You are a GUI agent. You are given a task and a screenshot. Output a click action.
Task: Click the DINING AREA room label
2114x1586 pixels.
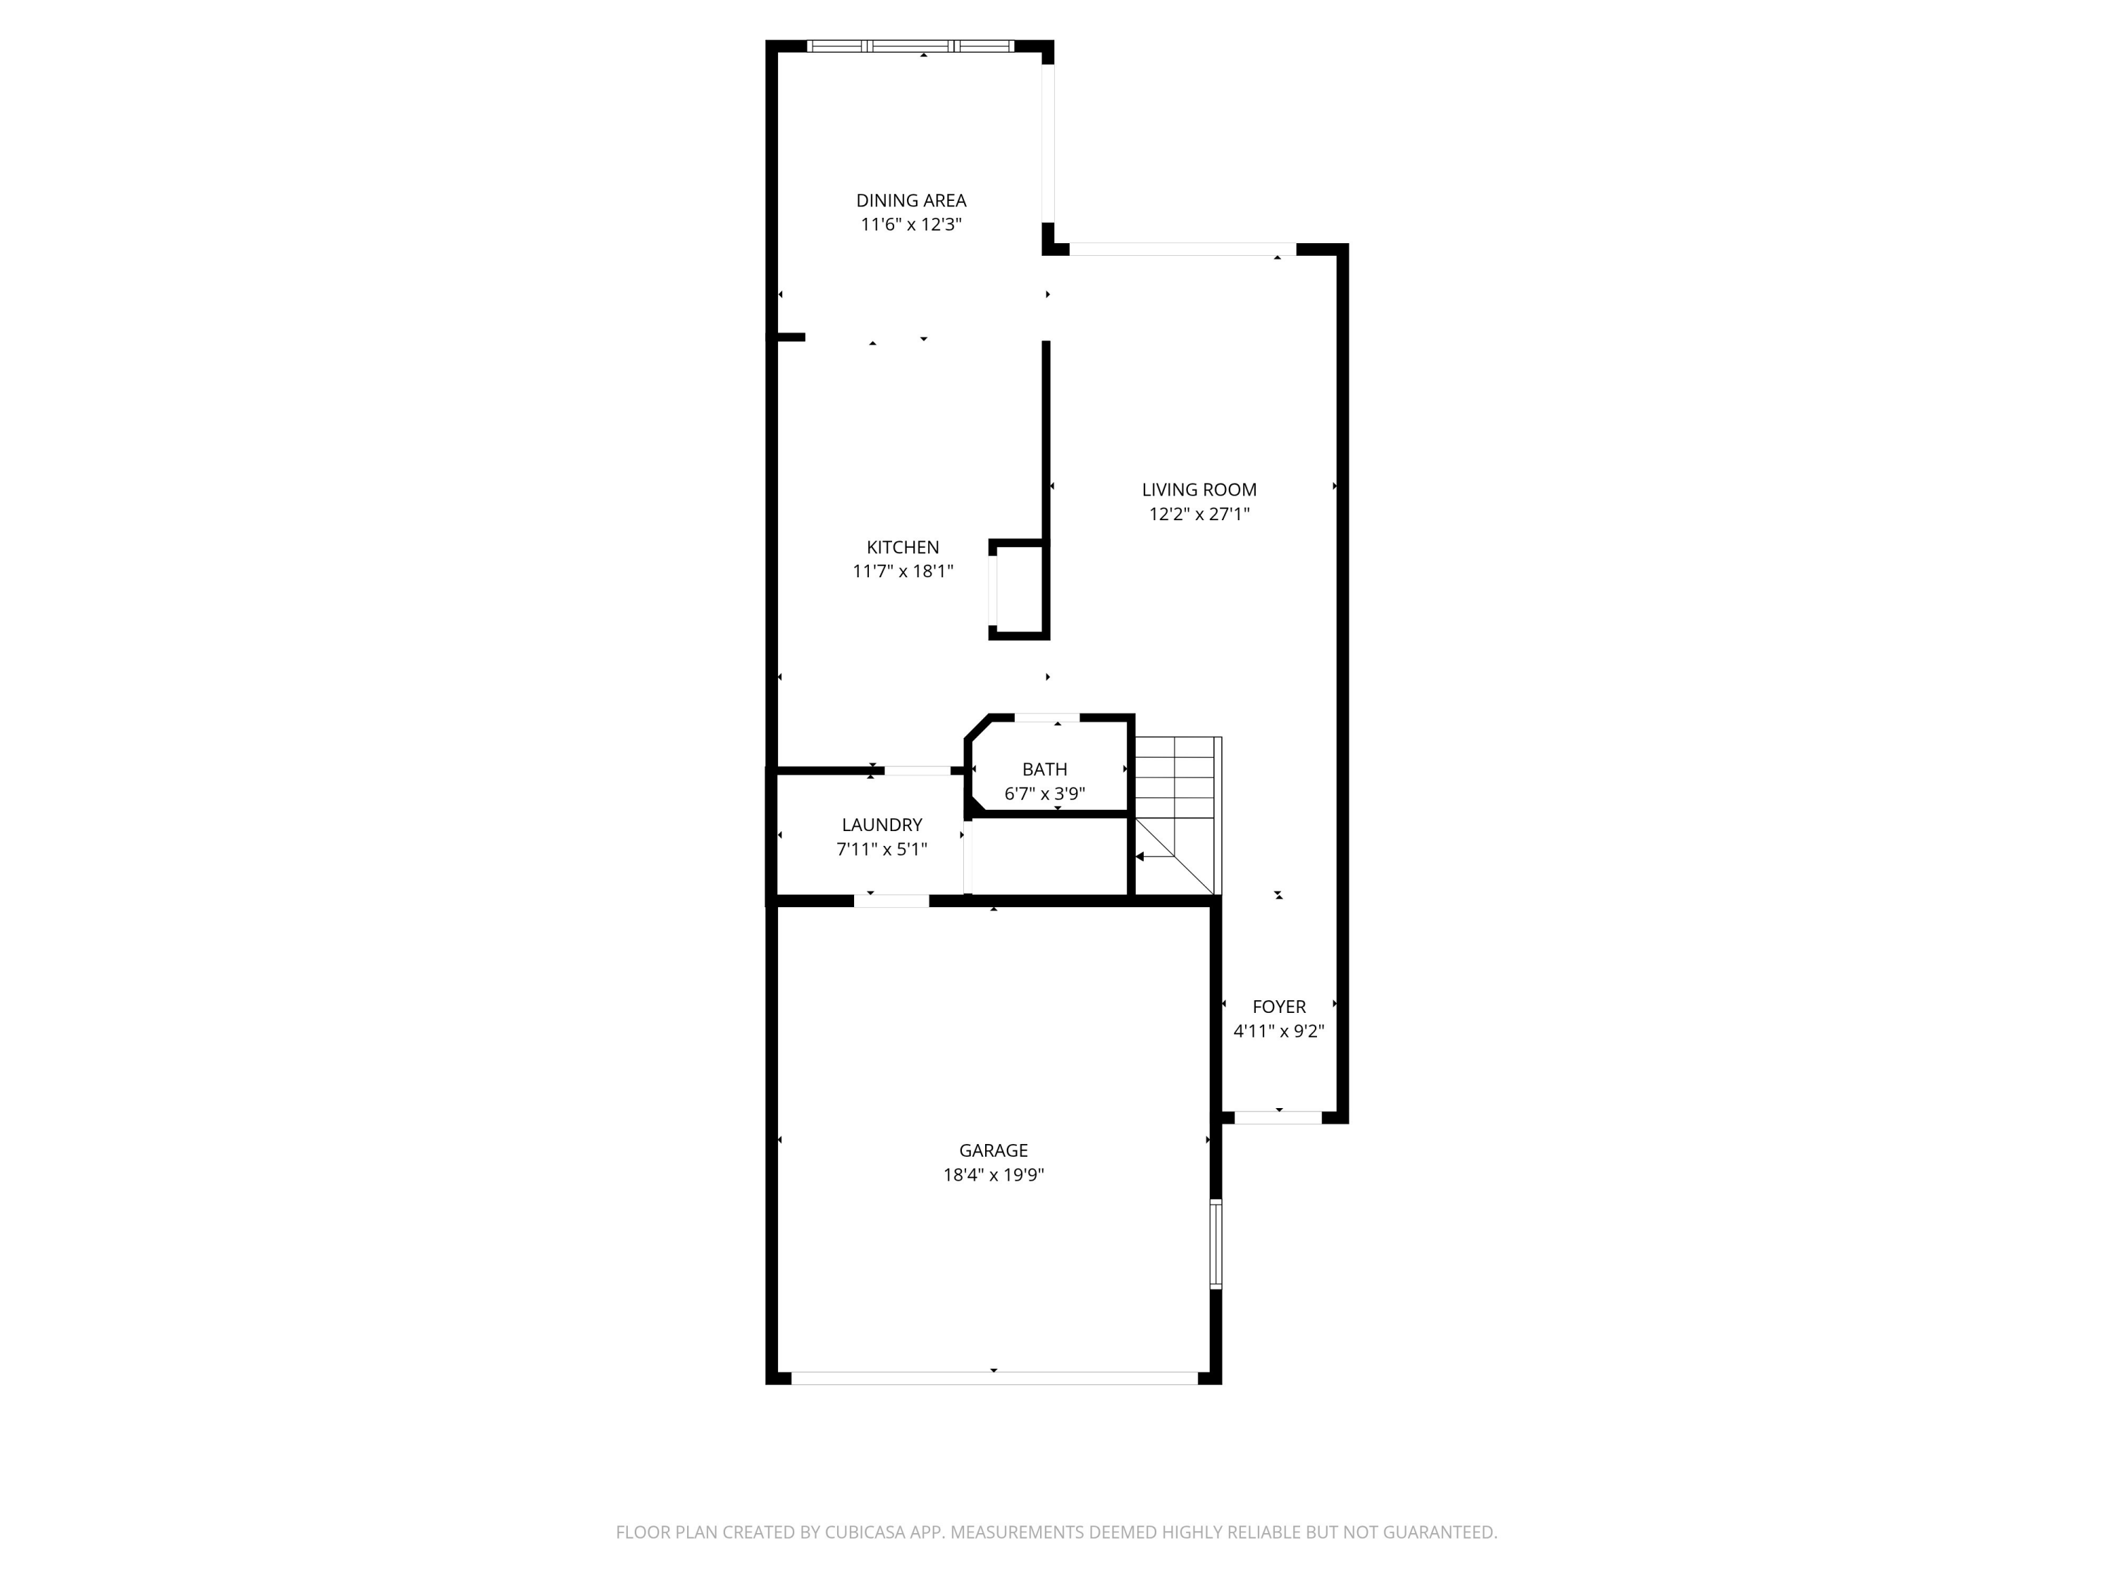(x=910, y=201)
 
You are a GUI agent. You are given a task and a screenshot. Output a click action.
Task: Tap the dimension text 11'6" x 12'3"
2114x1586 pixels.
(x=910, y=225)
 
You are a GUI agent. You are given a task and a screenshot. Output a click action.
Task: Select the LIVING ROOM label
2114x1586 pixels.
(x=1199, y=489)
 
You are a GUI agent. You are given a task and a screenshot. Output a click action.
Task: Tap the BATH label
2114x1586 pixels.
(x=1044, y=770)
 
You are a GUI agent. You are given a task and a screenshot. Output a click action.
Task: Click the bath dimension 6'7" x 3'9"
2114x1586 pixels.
(x=1044, y=794)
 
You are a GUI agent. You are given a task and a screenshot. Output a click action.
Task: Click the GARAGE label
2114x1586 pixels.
(x=993, y=1150)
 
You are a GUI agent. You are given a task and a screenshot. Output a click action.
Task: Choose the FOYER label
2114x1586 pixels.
(x=1279, y=1007)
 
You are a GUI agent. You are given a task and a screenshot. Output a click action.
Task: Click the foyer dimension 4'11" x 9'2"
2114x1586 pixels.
(x=1279, y=1031)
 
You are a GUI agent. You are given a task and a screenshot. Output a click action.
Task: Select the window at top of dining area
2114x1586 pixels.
(x=910, y=45)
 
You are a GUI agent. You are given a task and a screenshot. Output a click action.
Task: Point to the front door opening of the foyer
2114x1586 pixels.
(x=1279, y=1117)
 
